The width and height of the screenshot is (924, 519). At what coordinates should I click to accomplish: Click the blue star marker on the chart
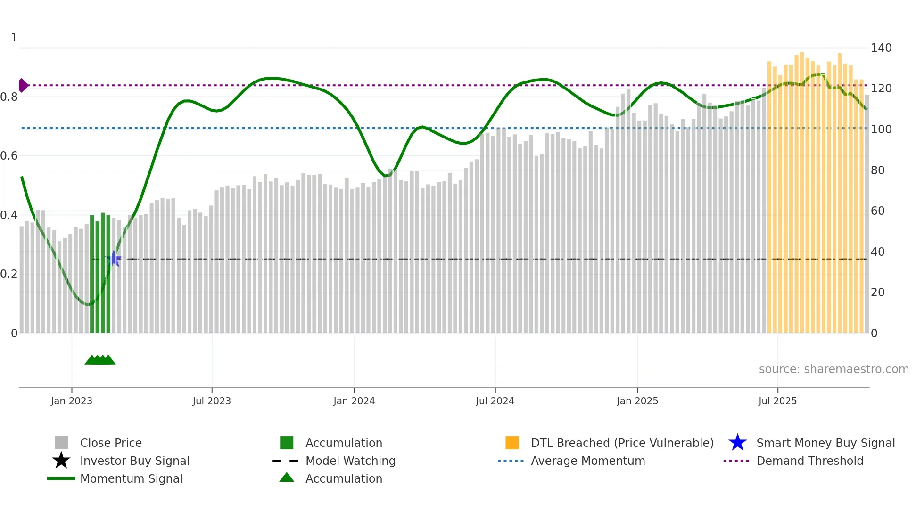[x=114, y=259]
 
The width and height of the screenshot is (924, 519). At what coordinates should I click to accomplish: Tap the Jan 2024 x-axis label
[x=354, y=401]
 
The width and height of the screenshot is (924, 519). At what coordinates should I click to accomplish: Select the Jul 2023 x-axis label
[x=212, y=401]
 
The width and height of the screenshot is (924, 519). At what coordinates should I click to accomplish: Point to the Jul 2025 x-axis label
[x=777, y=401]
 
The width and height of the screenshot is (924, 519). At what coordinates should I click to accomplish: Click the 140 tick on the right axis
[x=881, y=48]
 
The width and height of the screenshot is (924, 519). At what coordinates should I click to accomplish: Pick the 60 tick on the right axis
[x=877, y=211]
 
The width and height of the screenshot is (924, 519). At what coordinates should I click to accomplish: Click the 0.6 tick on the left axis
[x=9, y=156]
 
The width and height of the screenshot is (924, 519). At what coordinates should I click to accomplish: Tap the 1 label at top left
[x=14, y=38]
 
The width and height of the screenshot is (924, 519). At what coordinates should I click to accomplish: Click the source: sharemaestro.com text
[x=833, y=369]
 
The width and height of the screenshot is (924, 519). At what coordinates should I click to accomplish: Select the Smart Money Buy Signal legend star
[x=737, y=443]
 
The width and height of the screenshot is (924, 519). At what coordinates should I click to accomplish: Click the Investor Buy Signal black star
[x=61, y=461]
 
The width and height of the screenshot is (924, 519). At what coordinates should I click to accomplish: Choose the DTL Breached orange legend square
[x=512, y=443]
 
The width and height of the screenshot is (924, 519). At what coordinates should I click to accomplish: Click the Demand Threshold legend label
[x=809, y=461]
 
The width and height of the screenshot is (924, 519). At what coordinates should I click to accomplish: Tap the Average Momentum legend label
[x=587, y=461]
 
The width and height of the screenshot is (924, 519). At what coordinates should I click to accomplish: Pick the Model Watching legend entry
[x=350, y=461]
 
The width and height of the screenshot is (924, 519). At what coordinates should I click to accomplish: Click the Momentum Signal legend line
[x=61, y=478]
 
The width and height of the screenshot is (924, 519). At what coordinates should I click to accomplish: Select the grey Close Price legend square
[x=61, y=443]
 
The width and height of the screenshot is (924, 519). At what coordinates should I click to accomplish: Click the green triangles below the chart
[x=100, y=360]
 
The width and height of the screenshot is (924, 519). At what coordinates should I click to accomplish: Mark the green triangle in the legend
[x=287, y=478]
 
